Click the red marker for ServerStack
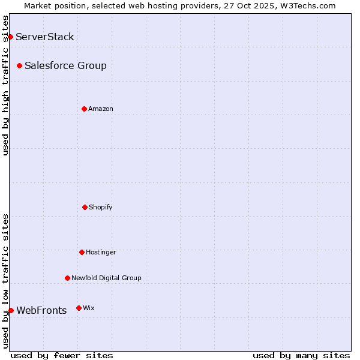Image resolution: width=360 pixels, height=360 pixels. pyautogui.click(x=10, y=37)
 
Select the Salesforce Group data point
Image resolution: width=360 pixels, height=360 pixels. pyautogui.click(x=19, y=65)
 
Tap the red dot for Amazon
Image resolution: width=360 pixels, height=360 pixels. pyautogui.click(x=84, y=109)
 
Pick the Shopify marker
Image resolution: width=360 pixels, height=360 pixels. pyautogui.click(x=85, y=207)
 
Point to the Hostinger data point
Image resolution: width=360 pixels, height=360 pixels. pyautogui.click(x=82, y=252)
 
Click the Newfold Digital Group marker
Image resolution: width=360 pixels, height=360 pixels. pyautogui.click(x=67, y=278)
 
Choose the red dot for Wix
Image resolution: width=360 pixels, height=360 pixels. pyautogui.click(x=79, y=308)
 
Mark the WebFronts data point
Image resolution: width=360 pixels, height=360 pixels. pyautogui.click(x=11, y=310)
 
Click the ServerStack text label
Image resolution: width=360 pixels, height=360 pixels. pyautogui.click(x=45, y=37)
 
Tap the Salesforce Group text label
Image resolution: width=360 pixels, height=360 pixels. pyautogui.click(x=65, y=65)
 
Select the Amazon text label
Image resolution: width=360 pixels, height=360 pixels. pyautogui.click(x=101, y=109)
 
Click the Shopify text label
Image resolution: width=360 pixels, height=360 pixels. pyautogui.click(x=101, y=207)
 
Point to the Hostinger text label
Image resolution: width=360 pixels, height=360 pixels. pyautogui.click(x=101, y=252)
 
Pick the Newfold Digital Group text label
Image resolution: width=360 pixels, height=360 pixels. pyautogui.click(x=106, y=278)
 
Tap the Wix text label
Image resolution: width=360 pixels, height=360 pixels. pyautogui.click(x=89, y=308)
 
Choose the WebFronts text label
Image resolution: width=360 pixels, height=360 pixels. pyautogui.click(x=41, y=310)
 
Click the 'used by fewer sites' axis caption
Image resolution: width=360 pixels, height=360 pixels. pyautogui.click(x=62, y=355)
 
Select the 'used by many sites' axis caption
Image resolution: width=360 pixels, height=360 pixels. pyautogui.click(x=301, y=355)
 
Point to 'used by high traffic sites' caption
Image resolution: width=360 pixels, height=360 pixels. pyautogui.click(x=5, y=85)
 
